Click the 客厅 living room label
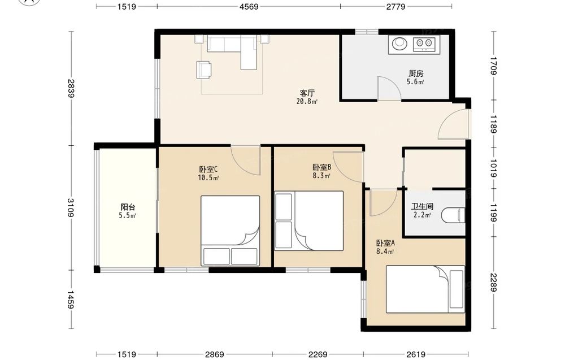pos(307,93)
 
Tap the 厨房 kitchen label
pos(416,73)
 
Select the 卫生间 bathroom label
pos(422,206)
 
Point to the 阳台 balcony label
pos(128,207)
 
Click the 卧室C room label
pos(208,169)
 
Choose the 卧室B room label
pos(322,167)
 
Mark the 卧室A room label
pos(385,243)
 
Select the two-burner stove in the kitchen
pos(424,44)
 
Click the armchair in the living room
pos(204,70)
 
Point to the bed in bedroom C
pos(231,231)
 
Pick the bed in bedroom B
pos(309,220)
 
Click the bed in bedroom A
pos(425,289)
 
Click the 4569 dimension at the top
pos(249,6)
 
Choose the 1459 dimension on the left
pos(71,300)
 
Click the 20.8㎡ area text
pos(307,101)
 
